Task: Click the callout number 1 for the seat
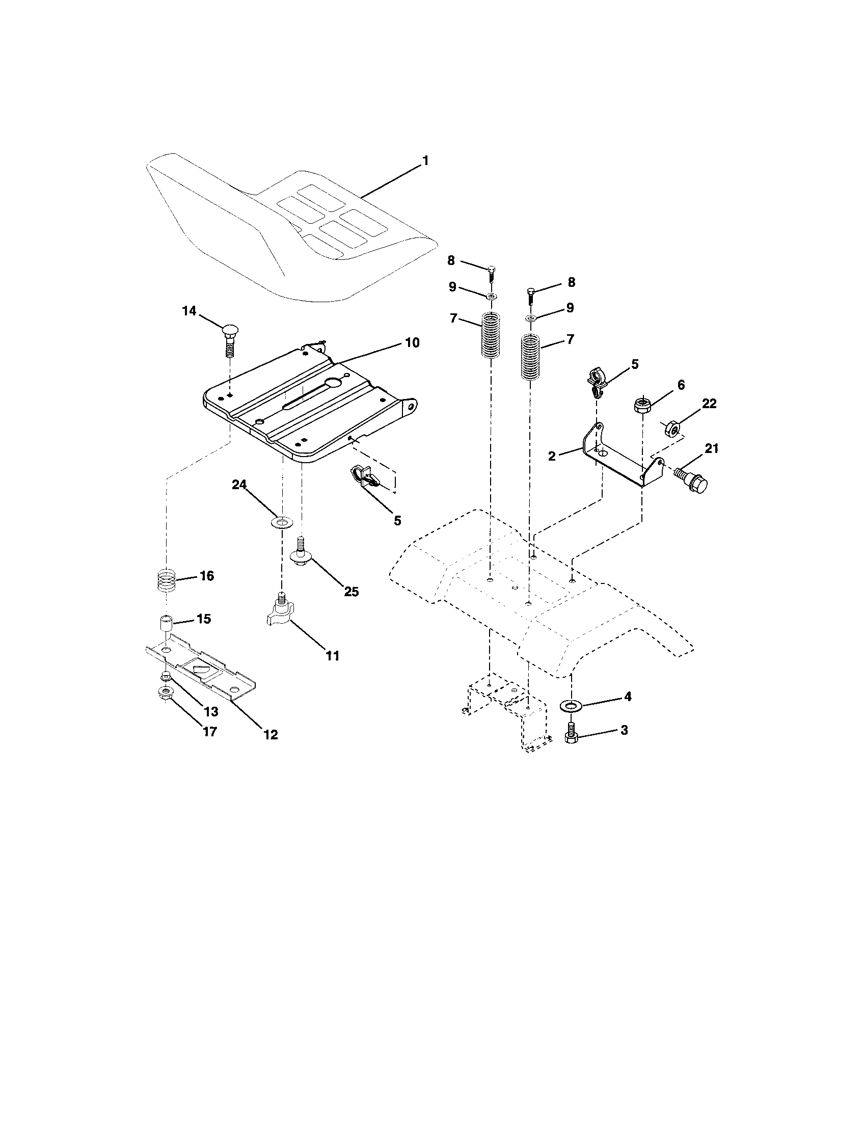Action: (x=425, y=161)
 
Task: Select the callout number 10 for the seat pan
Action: (x=412, y=342)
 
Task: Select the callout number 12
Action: (x=271, y=734)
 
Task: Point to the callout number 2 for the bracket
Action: (x=552, y=456)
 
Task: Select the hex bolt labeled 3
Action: (x=571, y=735)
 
